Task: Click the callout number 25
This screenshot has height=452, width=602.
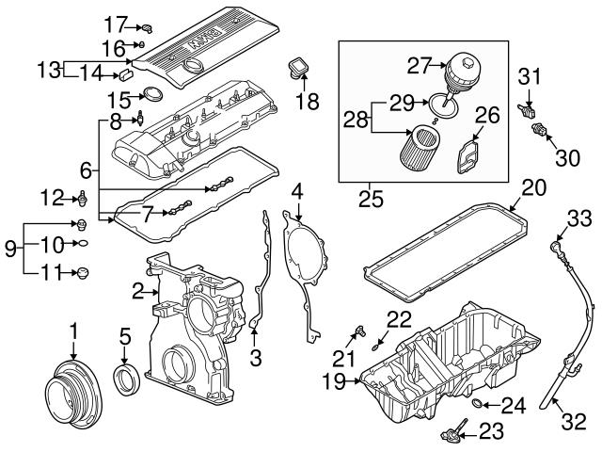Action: [x=371, y=199]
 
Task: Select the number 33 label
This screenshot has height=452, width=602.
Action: [x=579, y=218]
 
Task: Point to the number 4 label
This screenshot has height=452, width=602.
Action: [x=298, y=192]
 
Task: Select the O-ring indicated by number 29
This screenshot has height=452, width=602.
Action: [x=443, y=105]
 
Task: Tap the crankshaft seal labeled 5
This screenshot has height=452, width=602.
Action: [x=125, y=380]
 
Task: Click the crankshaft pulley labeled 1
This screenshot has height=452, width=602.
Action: [x=74, y=394]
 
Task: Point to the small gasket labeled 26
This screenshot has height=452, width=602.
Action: [x=467, y=157]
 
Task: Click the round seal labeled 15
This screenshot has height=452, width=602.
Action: [x=152, y=94]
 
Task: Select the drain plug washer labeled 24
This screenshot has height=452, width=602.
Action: [x=477, y=404]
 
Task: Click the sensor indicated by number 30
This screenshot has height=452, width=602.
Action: [x=538, y=130]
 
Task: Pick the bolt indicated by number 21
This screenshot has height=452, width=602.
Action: [x=360, y=331]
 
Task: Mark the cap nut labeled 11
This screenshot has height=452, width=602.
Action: [x=83, y=272]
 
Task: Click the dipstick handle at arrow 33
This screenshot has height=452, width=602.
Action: [x=556, y=246]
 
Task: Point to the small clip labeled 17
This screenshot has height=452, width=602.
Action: [x=148, y=28]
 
